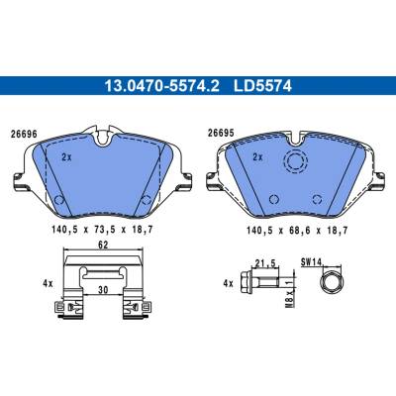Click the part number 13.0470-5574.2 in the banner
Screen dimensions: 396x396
161,86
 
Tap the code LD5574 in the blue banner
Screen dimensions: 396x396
262,86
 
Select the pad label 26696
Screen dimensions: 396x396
24,135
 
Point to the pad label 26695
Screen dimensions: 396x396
221,133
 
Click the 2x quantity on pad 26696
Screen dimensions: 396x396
66,157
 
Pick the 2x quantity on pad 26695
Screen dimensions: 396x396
257,157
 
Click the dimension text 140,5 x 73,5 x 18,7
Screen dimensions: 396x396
102,230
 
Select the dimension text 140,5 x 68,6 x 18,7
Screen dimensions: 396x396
297,230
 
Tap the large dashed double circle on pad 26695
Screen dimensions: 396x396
296,160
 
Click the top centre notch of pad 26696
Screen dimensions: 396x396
103,138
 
